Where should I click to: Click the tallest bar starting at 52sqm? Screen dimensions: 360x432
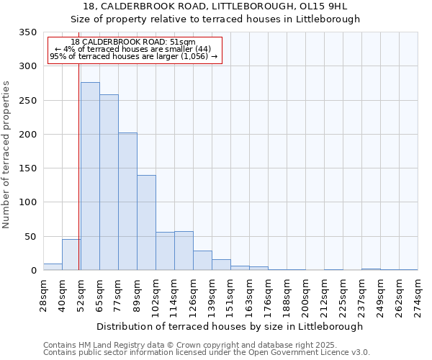(90, 176)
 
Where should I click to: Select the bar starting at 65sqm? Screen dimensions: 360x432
(109, 182)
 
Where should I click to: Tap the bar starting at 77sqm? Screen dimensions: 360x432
(127, 202)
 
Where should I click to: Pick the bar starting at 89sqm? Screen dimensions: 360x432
(146, 222)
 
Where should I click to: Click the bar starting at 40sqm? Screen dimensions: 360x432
(71, 255)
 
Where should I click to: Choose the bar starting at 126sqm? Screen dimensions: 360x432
(202, 261)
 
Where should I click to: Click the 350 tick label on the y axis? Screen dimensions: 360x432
(27, 32)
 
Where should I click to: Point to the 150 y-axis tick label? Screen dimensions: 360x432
(27, 168)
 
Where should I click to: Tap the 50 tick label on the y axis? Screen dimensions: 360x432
(30, 236)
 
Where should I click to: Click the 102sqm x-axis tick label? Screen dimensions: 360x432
(156, 294)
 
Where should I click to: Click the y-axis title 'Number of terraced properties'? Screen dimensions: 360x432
(7, 155)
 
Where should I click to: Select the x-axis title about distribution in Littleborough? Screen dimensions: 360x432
(230, 326)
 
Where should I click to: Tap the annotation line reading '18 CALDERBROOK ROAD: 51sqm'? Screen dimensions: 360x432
(133, 42)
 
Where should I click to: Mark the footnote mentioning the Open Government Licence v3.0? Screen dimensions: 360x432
(207, 353)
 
